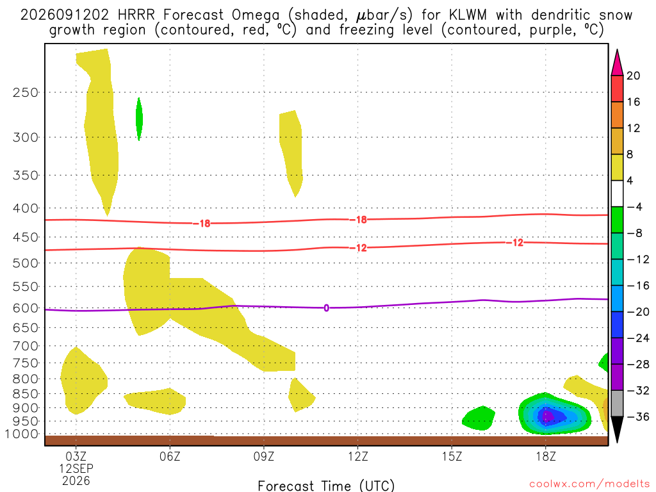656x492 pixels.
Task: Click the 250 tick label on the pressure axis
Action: point(26,92)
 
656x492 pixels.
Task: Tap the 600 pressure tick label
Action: point(26,308)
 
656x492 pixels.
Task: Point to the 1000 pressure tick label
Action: point(22,434)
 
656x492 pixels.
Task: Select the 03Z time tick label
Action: point(76,455)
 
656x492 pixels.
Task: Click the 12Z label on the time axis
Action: point(357,455)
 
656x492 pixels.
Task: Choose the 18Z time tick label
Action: point(546,455)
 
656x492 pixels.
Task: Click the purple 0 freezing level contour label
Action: point(326,308)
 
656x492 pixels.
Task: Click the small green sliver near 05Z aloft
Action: point(139,119)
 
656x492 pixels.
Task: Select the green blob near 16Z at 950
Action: point(479,418)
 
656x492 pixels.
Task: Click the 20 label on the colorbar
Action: point(633,76)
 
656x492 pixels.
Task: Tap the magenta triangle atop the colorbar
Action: point(617,63)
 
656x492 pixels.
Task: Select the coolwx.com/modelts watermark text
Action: point(589,484)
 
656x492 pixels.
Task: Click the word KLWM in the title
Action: point(468,15)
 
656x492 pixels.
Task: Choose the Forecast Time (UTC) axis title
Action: point(326,486)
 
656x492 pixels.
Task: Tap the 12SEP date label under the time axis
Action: point(76,468)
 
